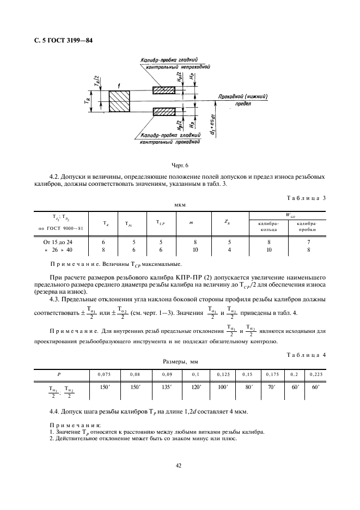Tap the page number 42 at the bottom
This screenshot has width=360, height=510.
coord(178,465)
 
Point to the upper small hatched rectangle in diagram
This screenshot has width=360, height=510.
coord(163,89)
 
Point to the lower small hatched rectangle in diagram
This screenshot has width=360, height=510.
coord(163,112)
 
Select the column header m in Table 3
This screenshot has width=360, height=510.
coord(191,222)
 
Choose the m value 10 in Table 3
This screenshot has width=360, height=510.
coord(191,250)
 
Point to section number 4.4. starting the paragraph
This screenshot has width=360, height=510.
coord(56,409)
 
